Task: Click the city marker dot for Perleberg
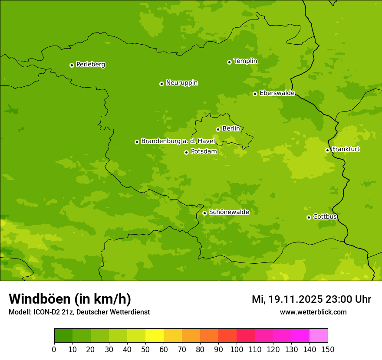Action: coord(72,65)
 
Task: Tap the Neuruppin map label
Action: coord(181,83)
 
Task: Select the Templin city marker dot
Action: coord(229,62)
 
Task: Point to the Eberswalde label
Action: coord(277,93)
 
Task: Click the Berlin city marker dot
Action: coord(218,129)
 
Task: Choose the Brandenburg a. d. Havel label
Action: coord(178,141)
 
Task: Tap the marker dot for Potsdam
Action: coord(186,152)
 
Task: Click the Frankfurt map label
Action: coord(346,149)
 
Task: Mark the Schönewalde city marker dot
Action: coord(204,213)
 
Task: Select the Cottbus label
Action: coord(325,216)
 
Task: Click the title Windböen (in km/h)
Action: coord(70,299)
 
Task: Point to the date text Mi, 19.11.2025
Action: coord(287,299)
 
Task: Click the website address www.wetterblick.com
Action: coord(313,312)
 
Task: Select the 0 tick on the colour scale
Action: coord(54,349)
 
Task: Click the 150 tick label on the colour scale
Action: coord(328,349)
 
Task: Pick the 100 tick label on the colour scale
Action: coord(237,349)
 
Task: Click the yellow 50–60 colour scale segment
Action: coord(155,336)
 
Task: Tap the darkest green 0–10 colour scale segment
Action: coord(63,336)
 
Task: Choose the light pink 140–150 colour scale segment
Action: coord(319,336)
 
